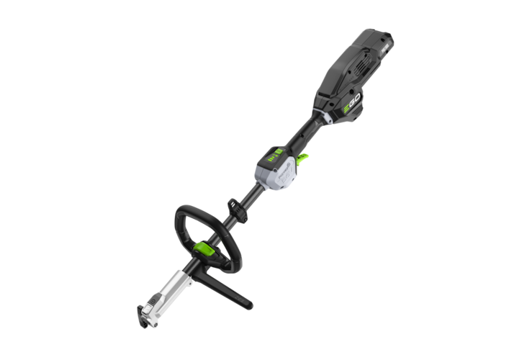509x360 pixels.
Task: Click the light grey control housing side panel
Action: (277, 173)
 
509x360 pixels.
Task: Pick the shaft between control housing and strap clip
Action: (248, 194)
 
